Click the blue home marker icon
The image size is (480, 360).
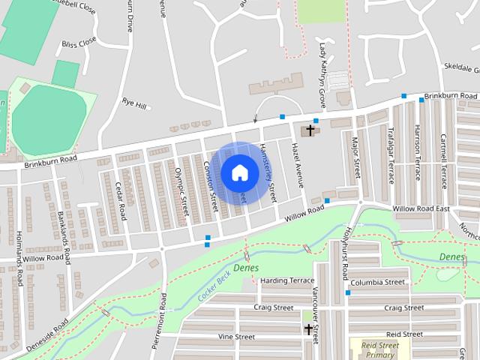click(238, 172)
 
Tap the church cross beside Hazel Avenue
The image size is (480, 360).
click(310, 131)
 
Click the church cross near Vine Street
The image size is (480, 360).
click(308, 329)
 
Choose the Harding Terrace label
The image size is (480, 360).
click(286, 280)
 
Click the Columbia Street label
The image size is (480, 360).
click(379, 282)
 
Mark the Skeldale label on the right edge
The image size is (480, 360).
click(460, 67)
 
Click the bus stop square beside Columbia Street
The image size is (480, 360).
click(347, 292)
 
